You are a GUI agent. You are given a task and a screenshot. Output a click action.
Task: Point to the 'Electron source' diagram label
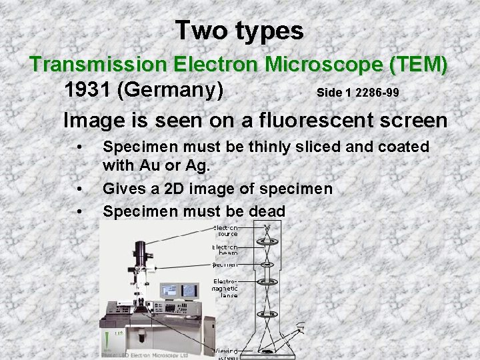point(225,231)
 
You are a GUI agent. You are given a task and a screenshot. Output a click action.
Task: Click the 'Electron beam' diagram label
point(225,250)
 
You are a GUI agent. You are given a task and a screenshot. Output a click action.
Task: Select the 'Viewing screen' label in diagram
point(225,353)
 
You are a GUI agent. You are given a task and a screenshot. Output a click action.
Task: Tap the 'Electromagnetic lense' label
point(225,288)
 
